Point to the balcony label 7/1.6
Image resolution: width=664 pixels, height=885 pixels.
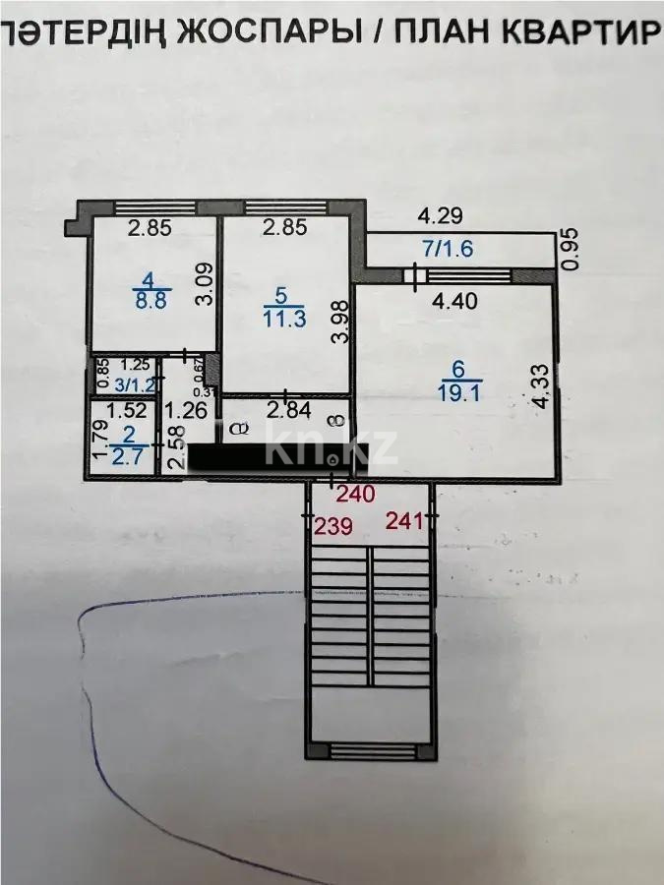[x=450, y=249]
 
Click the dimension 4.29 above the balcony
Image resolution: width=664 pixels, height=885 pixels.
[x=439, y=213]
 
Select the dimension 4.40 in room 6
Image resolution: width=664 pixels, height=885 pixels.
[x=454, y=302]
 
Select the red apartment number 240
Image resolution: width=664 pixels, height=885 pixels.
[x=355, y=495]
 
